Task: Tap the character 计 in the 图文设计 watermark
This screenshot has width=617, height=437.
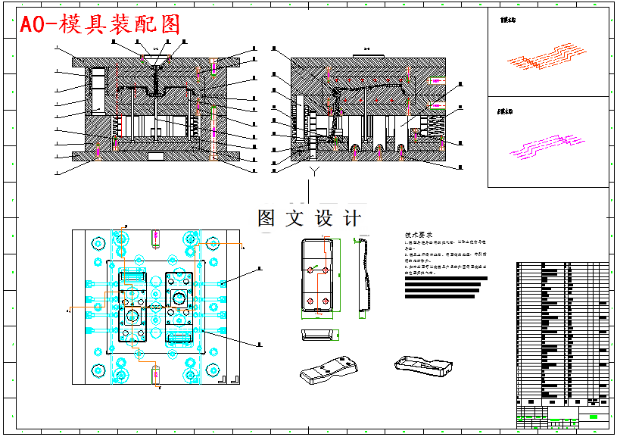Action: click(352, 219)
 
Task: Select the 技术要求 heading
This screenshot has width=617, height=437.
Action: click(421, 236)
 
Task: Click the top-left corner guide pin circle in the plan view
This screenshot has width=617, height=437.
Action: click(98, 244)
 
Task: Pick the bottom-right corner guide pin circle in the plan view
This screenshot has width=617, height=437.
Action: click(214, 370)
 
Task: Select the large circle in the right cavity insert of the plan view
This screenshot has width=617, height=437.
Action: click(179, 298)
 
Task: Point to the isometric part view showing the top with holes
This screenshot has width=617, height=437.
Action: click(327, 370)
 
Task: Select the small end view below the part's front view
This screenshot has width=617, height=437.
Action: click(316, 335)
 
